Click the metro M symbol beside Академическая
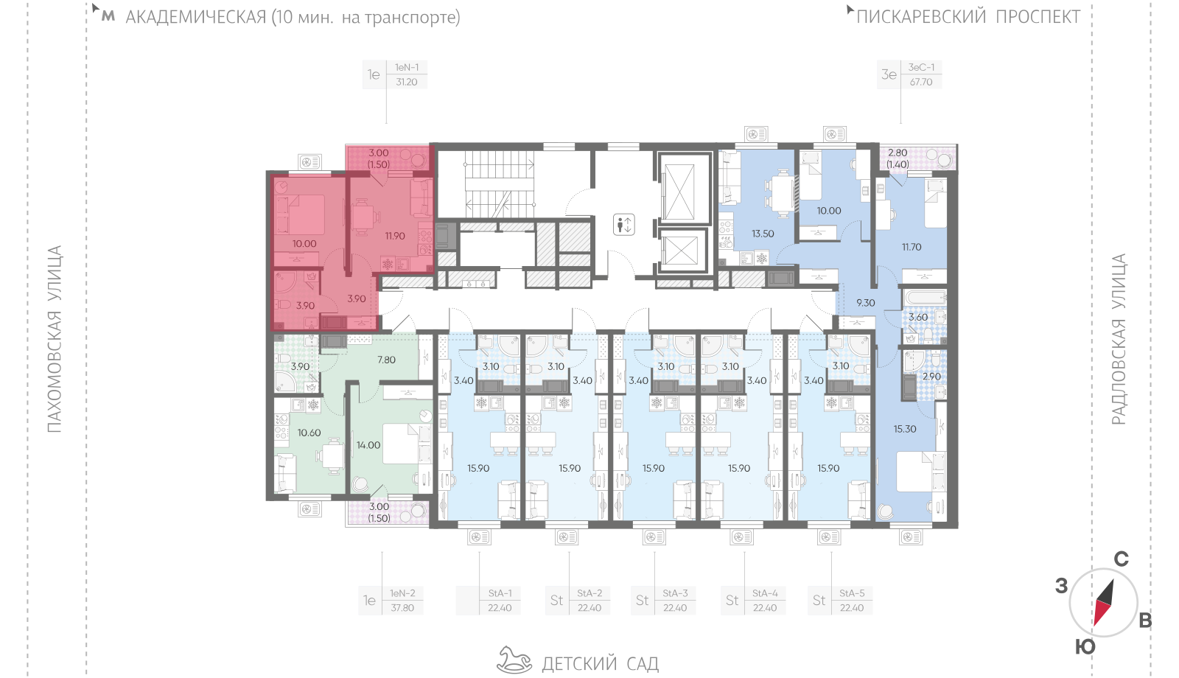click(x=108, y=16)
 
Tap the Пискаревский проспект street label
click(x=968, y=17)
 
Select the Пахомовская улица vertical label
click(x=55, y=339)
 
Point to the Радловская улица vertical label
click(x=1119, y=339)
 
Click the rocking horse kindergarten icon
click(x=515, y=660)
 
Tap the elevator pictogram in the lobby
click(x=623, y=225)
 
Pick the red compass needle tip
click(x=1096, y=624)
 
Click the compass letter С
click(x=1121, y=559)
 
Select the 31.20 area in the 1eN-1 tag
click(x=406, y=82)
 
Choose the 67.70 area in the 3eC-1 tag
click(x=921, y=82)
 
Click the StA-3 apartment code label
click(x=675, y=593)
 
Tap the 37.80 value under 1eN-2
click(x=402, y=608)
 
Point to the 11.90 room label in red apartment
click(x=395, y=236)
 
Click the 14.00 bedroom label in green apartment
click(x=368, y=445)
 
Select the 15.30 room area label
click(x=905, y=429)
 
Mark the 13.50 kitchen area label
click(x=763, y=234)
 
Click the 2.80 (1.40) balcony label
click(x=898, y=158)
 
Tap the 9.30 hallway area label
click(x=866, y=303)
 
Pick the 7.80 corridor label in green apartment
click(x=386, y=360)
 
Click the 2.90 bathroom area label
click(x=931, y=377)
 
